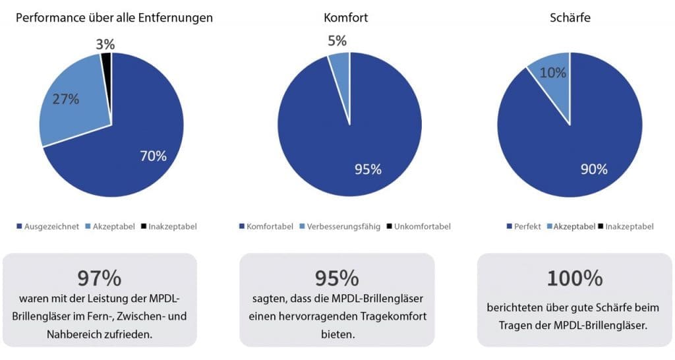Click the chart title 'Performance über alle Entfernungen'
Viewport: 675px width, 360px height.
(114, 18)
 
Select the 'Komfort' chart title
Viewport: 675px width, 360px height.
(346, 18)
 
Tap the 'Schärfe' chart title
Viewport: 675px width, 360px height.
(570, 18)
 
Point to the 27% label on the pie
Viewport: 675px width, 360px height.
(67, 100)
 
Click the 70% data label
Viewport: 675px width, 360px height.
(153, 156)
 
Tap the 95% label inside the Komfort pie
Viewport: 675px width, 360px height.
(368, 169)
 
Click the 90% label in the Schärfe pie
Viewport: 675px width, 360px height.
(593, 169)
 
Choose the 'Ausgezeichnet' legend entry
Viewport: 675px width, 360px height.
(49, 226)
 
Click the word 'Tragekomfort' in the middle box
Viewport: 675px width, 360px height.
(394, 316)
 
